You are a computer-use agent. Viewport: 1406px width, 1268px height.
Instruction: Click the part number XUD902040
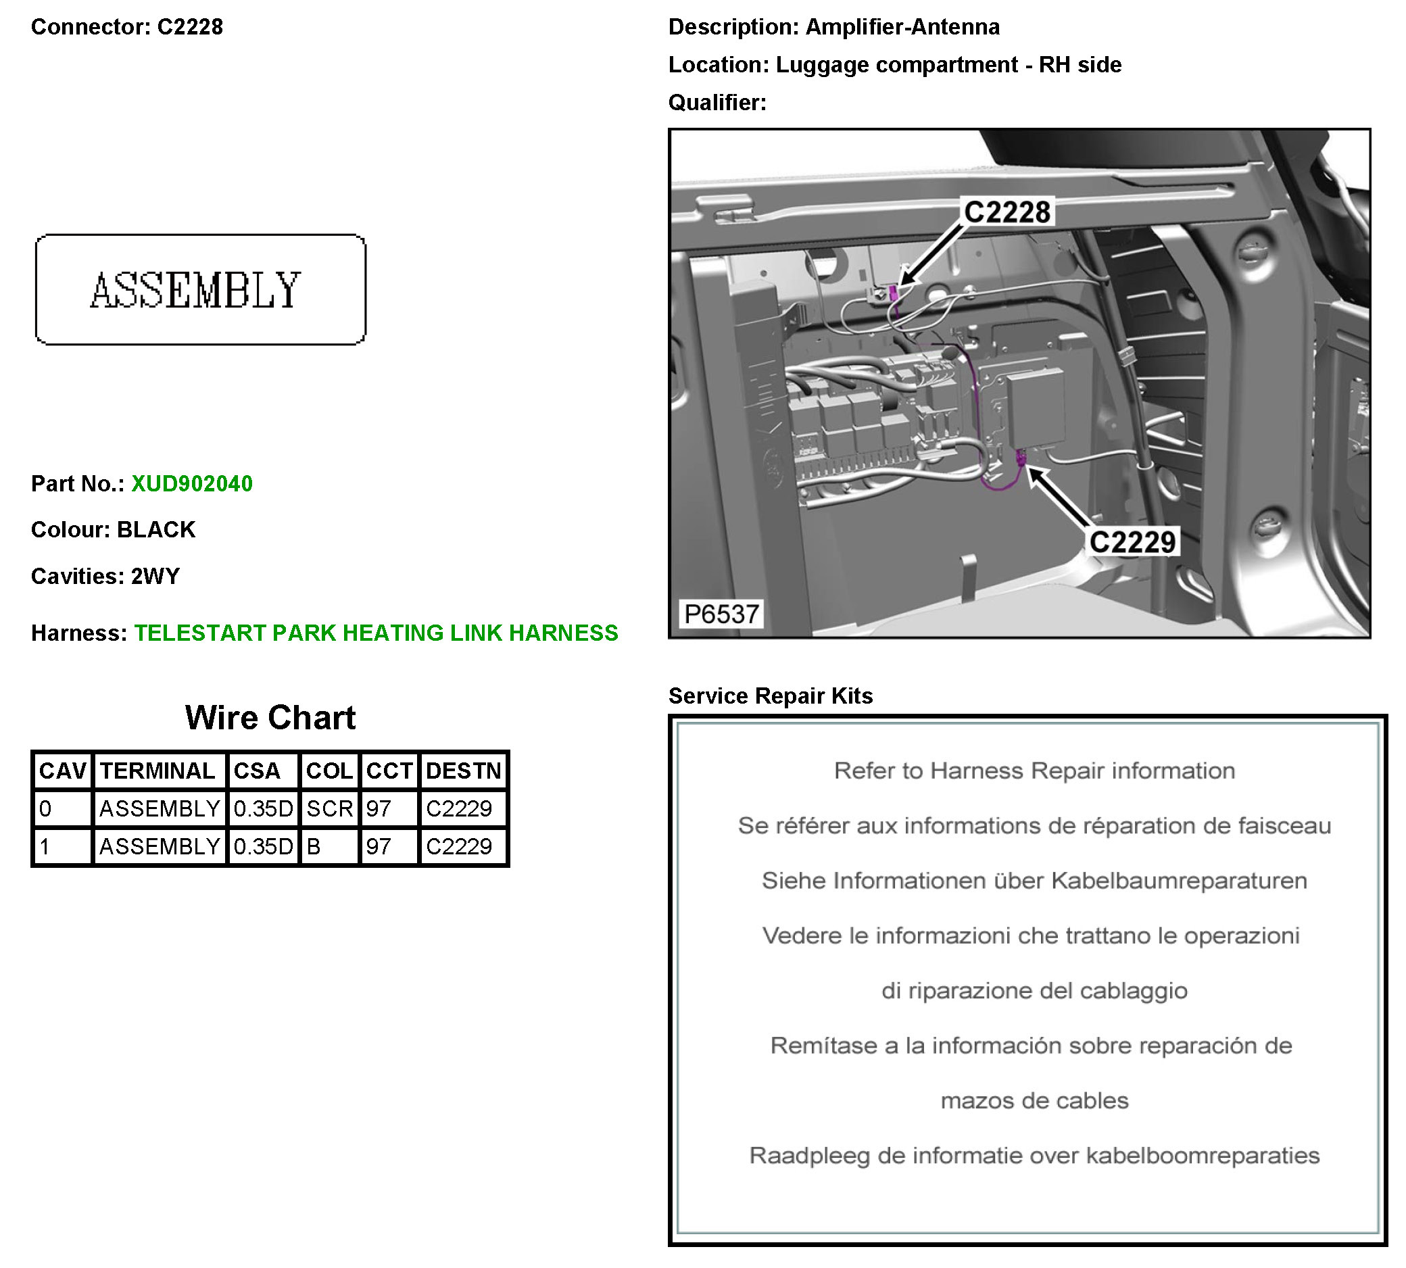[191, 483]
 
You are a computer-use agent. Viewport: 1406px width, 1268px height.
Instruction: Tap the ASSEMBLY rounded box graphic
[200, 290]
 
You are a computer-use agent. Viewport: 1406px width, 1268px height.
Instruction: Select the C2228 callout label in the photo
[1007, 212]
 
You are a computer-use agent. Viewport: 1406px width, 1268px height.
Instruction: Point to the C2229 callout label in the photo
[1132, 542]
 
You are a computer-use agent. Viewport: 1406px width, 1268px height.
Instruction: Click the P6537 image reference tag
[721, 614]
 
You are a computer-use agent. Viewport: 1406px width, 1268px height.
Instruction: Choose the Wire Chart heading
[270, 718]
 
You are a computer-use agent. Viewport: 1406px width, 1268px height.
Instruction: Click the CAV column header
[62, 771]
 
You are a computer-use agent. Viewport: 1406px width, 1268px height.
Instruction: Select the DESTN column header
[463, 771]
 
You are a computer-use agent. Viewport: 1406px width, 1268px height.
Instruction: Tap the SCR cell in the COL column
[330, 809]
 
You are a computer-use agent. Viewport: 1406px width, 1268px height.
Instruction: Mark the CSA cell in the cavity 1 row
[263, 846]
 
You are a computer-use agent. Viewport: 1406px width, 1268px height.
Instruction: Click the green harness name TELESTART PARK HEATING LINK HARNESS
[377, 633]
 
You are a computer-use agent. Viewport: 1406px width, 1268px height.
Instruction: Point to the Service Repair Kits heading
[770, 696]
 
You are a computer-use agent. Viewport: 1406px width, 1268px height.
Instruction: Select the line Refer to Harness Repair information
[1034, 771]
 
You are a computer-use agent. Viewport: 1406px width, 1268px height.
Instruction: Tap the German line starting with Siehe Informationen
[1034, 881]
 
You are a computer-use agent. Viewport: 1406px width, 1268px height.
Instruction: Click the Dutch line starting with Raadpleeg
[1034, 1156]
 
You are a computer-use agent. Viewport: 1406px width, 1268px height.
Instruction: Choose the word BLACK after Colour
[156, 529]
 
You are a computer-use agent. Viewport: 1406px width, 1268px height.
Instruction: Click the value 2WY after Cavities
[155, 576]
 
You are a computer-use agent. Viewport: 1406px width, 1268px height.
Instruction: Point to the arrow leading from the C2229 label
[1061, 497]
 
